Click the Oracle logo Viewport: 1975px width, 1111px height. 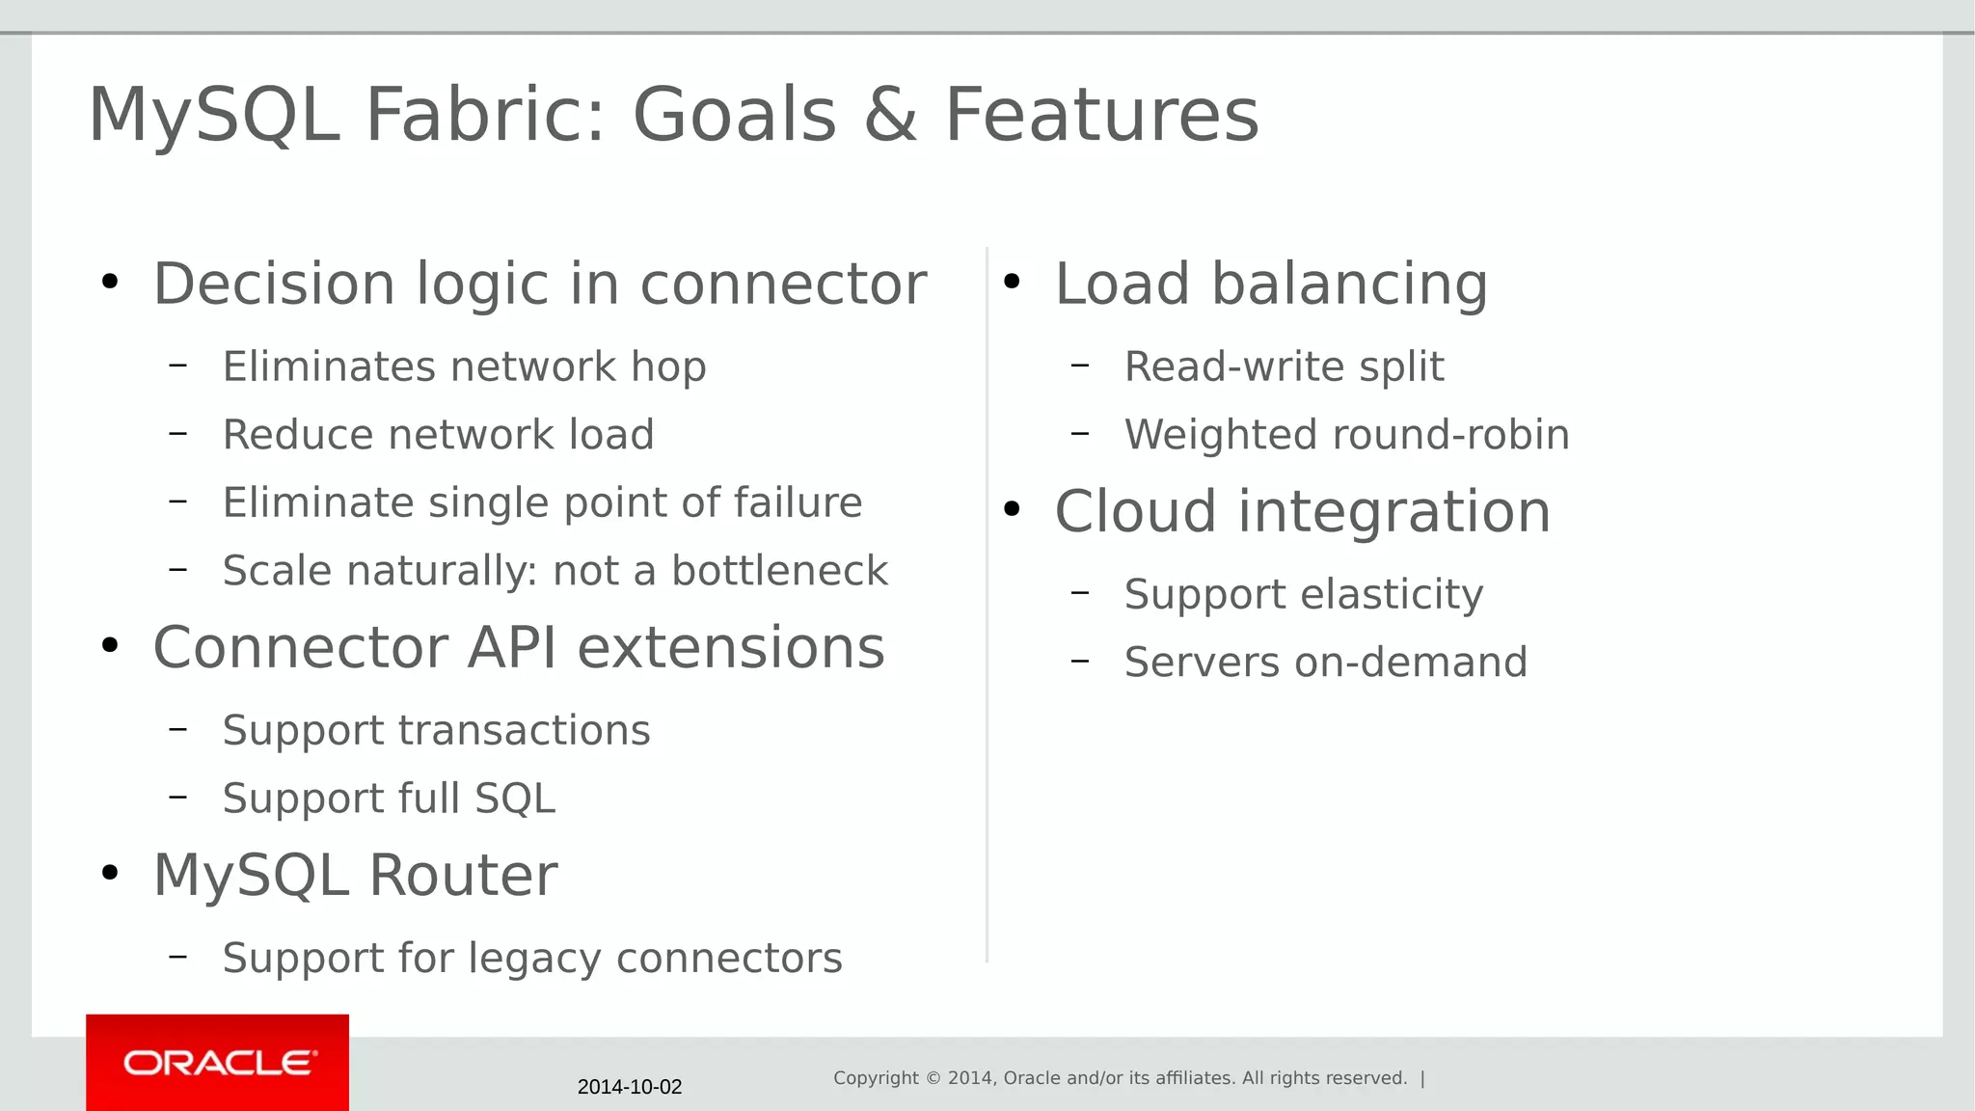pos(218,1063)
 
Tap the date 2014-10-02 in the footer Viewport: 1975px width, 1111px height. pos(630,1087)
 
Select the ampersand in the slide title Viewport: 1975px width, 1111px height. pos(890,115)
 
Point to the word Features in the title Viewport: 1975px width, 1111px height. pos(1101,115)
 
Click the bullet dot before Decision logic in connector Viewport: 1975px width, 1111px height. pos(110,282)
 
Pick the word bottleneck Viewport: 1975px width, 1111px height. pos(779,571)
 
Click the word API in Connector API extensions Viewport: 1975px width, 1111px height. pos(512,647)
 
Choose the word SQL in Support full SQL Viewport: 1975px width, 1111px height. pos(515,799)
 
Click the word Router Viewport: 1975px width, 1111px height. pos(463,876)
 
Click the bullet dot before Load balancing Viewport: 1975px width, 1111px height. pos(1012,282)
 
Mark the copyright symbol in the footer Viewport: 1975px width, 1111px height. pos(933,1078)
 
